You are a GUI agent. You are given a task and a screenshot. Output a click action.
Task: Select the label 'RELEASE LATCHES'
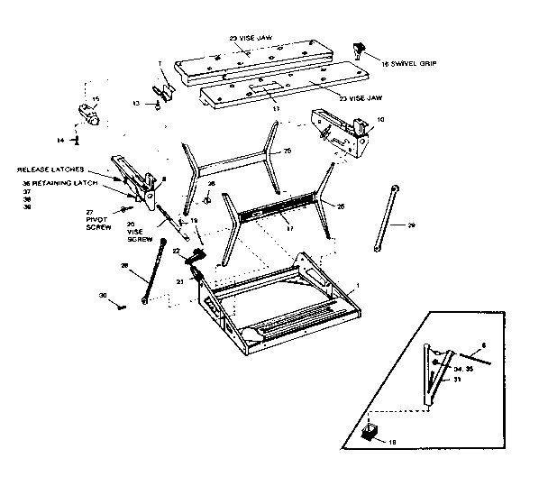[x=50, y=170]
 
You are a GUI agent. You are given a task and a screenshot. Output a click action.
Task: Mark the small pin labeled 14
[x=78, y=140]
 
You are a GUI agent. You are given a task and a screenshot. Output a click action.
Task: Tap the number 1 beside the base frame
[x=358, y=285]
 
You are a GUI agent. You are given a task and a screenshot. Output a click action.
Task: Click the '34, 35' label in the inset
[x=463, y=368]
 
